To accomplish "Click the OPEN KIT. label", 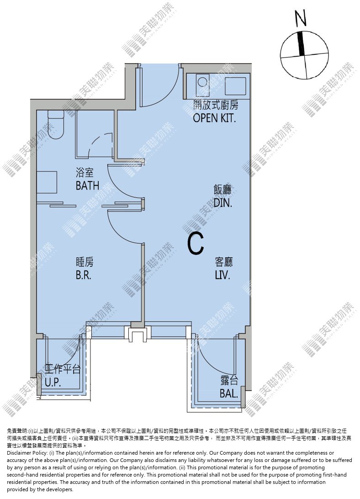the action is point(215,118).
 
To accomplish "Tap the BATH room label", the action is point(87,185).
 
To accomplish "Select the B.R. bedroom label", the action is point(84,275).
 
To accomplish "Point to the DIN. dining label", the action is point(223,203).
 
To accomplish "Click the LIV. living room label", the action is point(222,275).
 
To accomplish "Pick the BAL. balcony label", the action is point(229,393).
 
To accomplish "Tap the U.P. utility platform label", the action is point(53,382).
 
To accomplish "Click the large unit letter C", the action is point(196,244).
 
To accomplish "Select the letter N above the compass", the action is point(301,18).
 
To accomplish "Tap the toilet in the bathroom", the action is point(56,125).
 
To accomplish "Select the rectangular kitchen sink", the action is point(235,85).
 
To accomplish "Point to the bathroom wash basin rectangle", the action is point(47,182).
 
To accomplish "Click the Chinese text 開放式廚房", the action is point(216,105).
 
